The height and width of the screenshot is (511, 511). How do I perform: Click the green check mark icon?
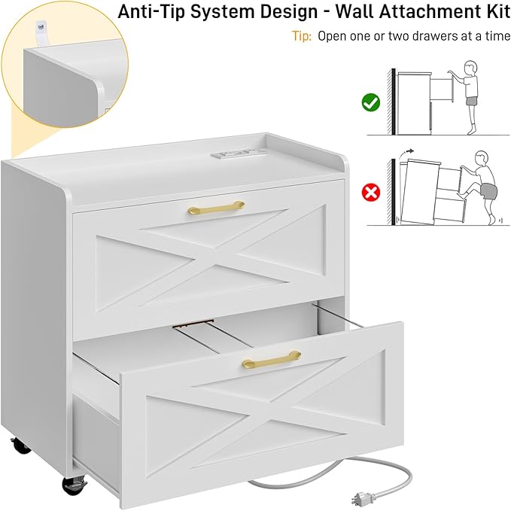[x=371, y=102]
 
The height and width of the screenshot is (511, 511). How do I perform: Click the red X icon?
[x=371, y=192]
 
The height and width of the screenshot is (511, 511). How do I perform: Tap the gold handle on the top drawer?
[x=216, y=207]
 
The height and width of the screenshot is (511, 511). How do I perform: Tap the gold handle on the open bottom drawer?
[x=272, y=359]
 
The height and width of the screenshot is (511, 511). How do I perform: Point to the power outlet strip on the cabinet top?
[x=233, y=153]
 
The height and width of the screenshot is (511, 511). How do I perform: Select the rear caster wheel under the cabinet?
[x=20, y=446]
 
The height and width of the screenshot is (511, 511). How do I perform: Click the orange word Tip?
[x=302, y=36]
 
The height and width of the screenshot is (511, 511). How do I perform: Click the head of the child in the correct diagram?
[x=470, y=68]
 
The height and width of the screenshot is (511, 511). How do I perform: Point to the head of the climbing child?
[x=482, y=158]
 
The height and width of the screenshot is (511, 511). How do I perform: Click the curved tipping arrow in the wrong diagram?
[x=407, y=153]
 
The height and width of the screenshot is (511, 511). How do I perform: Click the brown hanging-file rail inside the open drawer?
[x=193, y=323]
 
